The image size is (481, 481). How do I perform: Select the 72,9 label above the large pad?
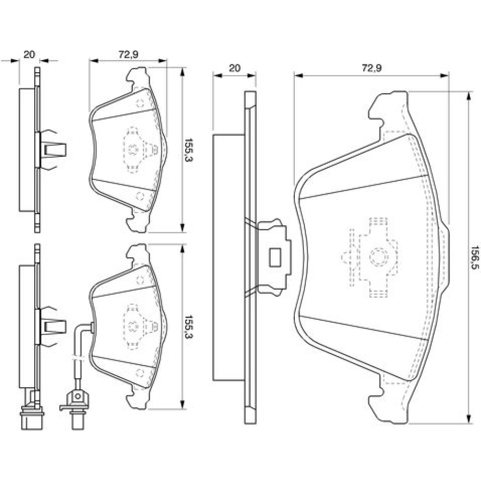click(x=371, y=69)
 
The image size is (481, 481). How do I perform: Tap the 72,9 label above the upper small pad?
click(x=128, y=55)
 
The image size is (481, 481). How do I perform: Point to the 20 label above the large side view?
click(x=234, y=68)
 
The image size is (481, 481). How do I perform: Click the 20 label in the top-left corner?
click(x=29, y=54)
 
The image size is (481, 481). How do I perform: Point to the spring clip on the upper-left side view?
click(x=53, y=150)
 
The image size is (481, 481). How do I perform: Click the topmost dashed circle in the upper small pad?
click(x=140, y=102)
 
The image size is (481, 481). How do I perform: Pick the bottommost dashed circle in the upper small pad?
click(x=140, y=196)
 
